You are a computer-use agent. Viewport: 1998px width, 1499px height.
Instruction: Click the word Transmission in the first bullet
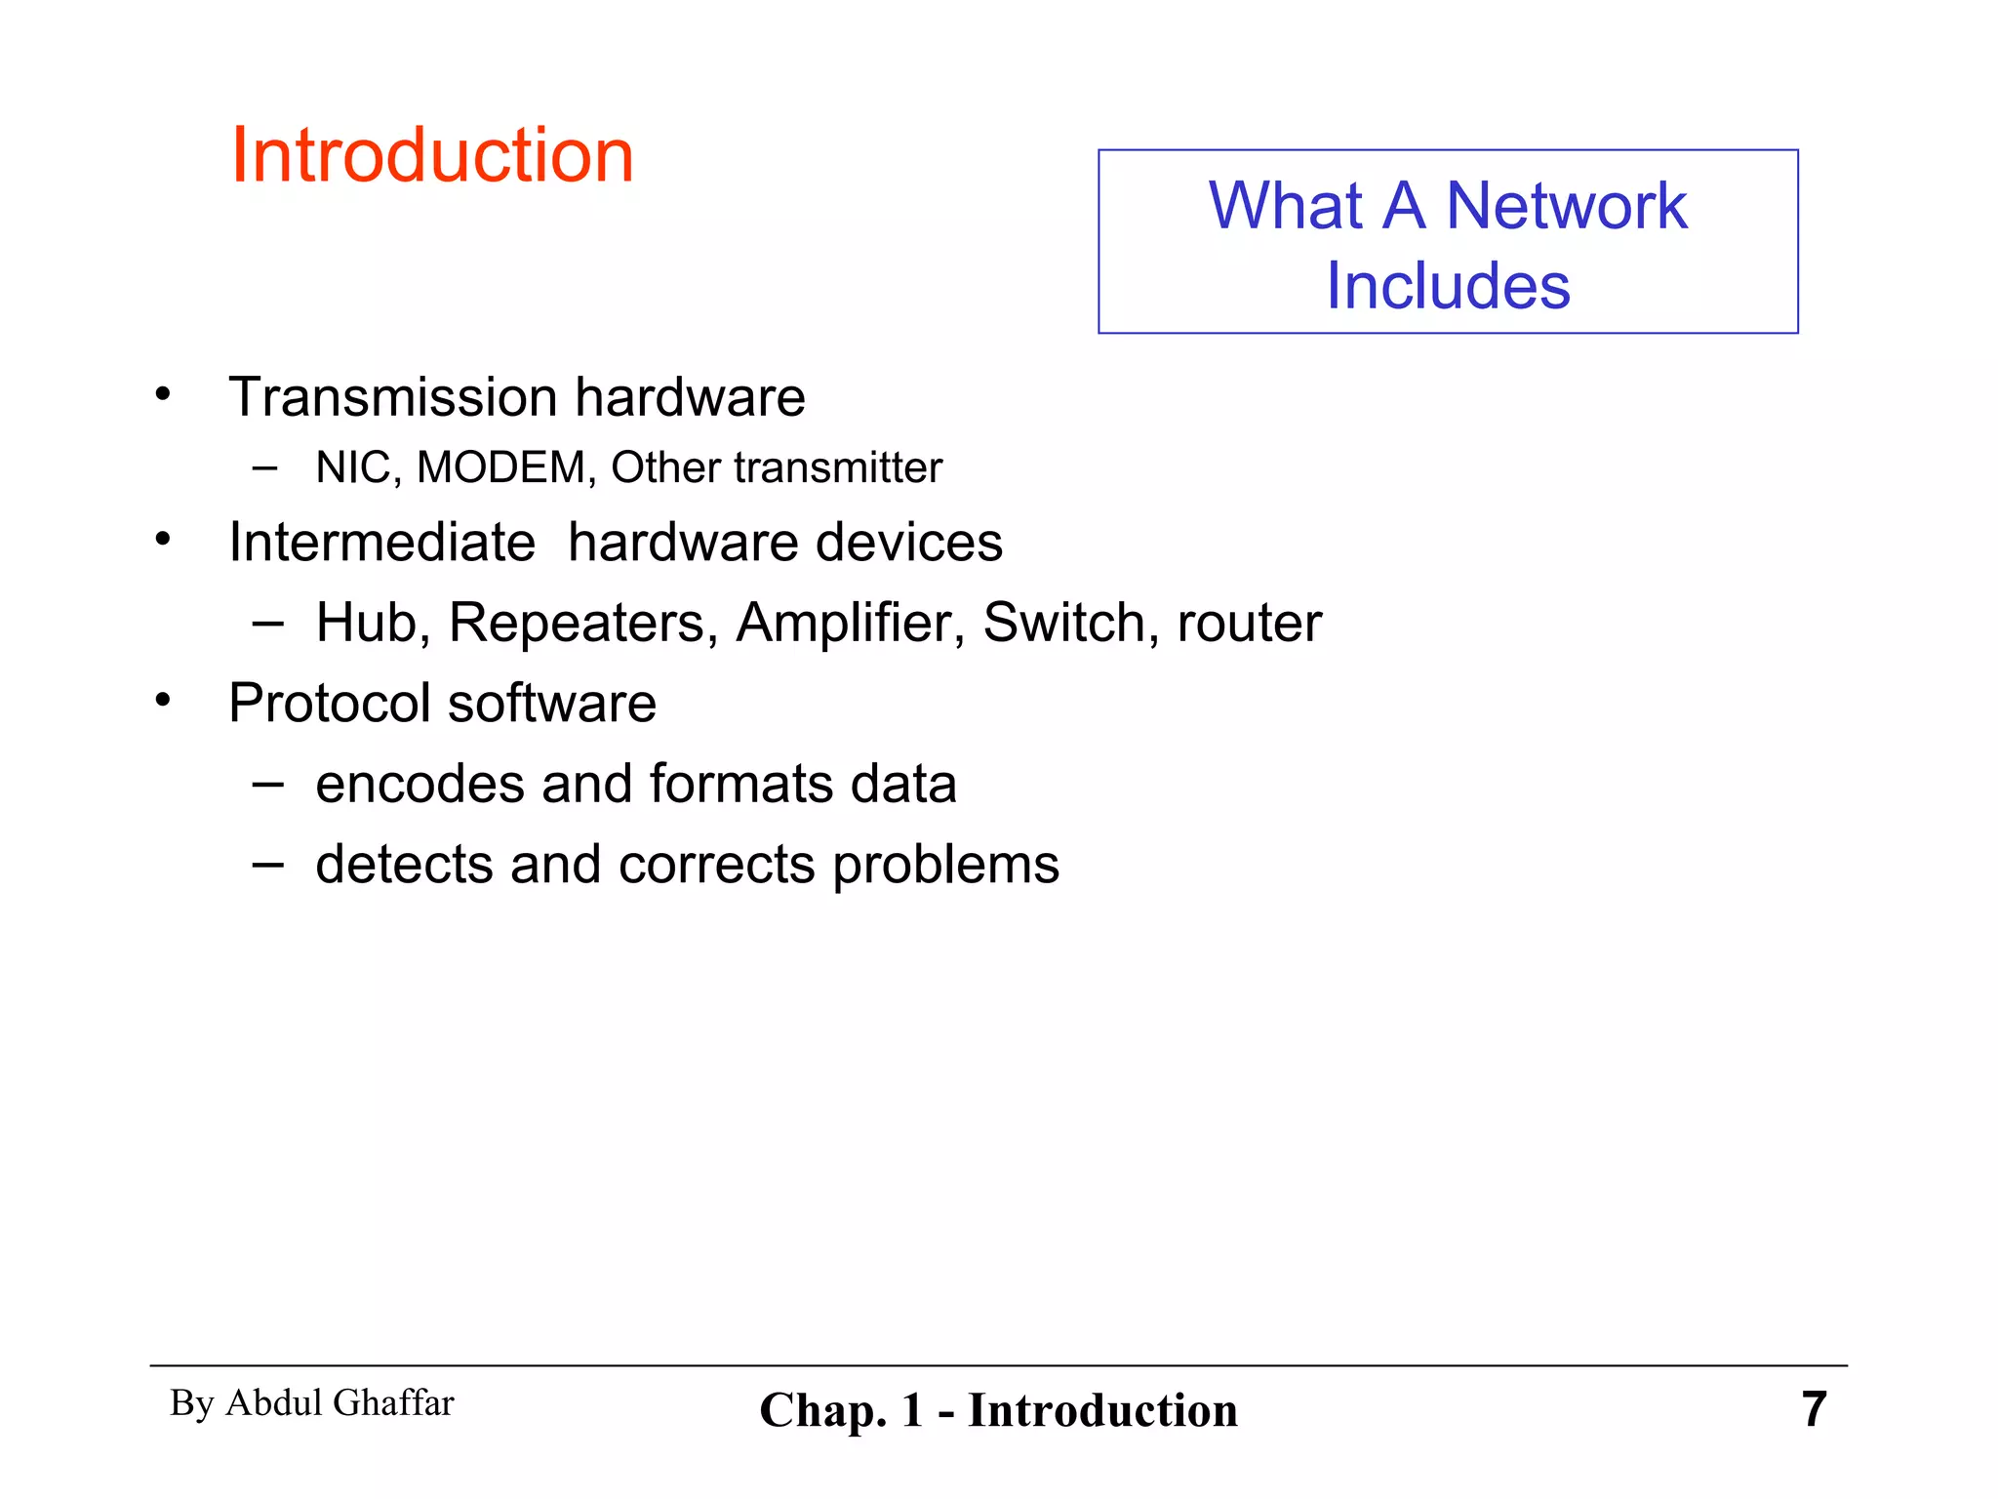click(x=392, y=397)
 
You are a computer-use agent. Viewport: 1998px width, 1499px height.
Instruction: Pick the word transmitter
click(x=838, y=467)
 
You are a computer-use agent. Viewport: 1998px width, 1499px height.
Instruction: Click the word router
click(x=1249, y=625)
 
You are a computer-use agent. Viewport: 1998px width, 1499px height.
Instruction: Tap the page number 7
click(x=1814, y=1409)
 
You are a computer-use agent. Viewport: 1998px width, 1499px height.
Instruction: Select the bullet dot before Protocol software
click(x=163, y=700)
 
